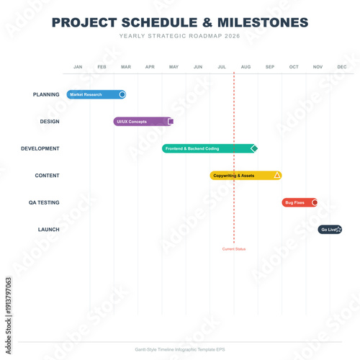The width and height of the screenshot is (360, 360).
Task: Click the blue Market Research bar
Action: click(x=94, y=94)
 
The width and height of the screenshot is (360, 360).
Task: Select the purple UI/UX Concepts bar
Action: click(x=140, y=122)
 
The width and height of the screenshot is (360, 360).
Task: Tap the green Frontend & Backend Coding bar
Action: click(x=205, y=148)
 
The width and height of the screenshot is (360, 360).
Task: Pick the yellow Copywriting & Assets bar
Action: click(x=241, y=176)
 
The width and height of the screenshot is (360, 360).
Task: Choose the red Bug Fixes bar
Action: click(x=296, y=203)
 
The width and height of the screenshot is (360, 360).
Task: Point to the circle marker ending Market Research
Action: click(x=122, y=94)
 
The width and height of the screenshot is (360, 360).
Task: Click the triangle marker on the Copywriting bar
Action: click(x=277, y=175)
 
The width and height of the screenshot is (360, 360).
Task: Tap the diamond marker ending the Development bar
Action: click(x=253, y=148)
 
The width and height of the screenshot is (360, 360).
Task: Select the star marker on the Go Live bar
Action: click(x=338, y=230)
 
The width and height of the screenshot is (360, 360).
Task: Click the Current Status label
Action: click(x=234, y=249)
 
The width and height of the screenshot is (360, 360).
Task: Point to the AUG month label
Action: click(x=246, y=67)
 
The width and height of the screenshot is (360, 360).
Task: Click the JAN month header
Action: click(x=78, y=67)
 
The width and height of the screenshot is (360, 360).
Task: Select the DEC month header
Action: click(x=341, y=67)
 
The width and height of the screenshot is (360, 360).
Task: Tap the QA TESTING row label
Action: click(x=44, y=203)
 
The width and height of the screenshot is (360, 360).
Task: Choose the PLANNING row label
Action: click(x=46, y=94)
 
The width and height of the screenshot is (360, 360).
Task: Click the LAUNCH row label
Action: click(x=48, y=230)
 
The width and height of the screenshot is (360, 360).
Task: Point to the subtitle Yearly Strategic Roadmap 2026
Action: click(x=180, y=35)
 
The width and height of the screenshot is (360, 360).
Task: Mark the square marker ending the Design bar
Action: click(x=171, y=122)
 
